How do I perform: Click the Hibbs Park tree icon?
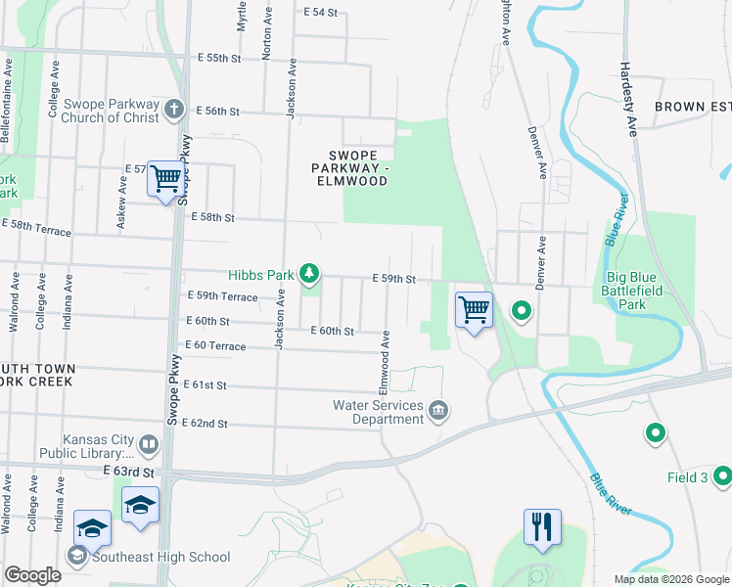[310, 273]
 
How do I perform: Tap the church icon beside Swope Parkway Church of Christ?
[174, 108]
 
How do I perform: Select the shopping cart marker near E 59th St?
[474, 310]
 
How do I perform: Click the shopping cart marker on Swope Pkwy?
[166, 179]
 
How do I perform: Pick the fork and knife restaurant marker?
[541, 526]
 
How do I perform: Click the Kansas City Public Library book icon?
[149, 445]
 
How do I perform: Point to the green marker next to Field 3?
[722, 476]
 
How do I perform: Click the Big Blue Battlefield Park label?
[634, 297]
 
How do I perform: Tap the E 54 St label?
[320, 13]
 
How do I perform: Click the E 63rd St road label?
[128, 472]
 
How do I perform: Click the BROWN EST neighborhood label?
[692, 106]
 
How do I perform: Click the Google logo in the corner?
[32, 574]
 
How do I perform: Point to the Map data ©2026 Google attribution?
[670, 579]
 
